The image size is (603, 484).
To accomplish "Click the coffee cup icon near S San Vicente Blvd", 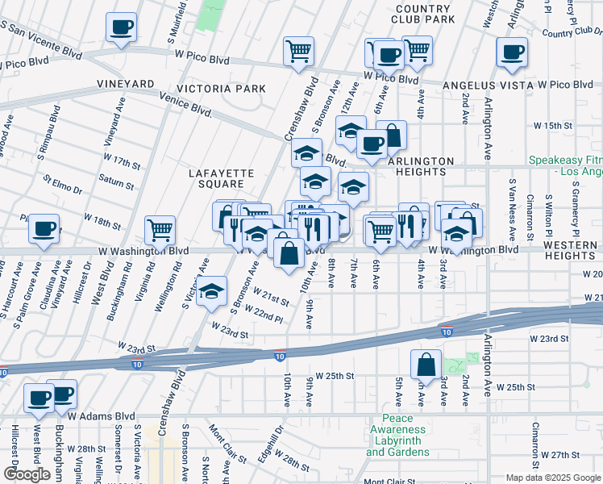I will (121, 27).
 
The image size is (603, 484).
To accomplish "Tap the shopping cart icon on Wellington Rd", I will (160, 230).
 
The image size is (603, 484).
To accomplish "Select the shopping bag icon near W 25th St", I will (426, 365).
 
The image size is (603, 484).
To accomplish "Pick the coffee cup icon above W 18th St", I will (44, 228).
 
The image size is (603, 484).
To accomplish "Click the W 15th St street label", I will (552, 127).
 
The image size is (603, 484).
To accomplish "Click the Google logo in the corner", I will (27, 474).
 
